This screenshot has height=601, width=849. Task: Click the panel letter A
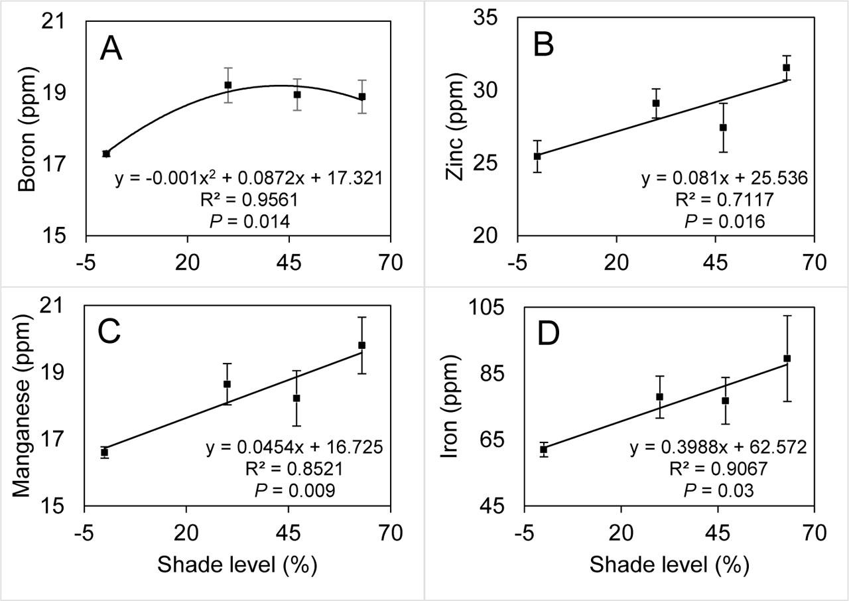[x=111, y=50]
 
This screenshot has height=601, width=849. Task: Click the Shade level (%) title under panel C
[x=237, y=565]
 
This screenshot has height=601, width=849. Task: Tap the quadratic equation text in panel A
[x=249, y=178]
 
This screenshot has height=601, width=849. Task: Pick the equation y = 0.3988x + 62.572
[x=718, y=447]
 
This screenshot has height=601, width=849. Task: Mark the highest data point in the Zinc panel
[x=786, y=68]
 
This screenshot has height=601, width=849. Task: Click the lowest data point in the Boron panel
[x=106, y=153]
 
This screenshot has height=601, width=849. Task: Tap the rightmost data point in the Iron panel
[x=787, y=358]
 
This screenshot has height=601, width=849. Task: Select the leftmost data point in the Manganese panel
[x=104, y=452]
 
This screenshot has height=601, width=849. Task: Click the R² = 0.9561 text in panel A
[x=249, y=200]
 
